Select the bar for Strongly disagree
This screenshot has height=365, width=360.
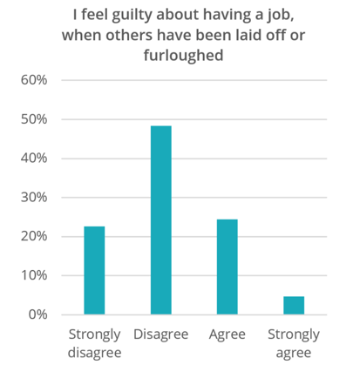coord(94,270)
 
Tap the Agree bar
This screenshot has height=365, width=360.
coord(227,267)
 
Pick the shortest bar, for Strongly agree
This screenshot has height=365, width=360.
coord(294,305)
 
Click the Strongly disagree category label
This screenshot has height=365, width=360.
coord(94,342)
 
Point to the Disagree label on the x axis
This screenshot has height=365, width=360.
coord(160,335)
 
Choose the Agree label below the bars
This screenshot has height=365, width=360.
coord(227,335)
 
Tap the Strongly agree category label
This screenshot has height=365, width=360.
coord(294,342)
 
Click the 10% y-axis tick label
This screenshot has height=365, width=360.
coord(44,275)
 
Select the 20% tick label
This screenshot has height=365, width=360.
coord(44,236)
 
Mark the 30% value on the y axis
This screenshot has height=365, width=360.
coord(44,197)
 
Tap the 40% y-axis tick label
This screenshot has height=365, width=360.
coord(44,158)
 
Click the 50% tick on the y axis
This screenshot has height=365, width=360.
coord(44,118)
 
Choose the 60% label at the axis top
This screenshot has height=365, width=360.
coord(44,80)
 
